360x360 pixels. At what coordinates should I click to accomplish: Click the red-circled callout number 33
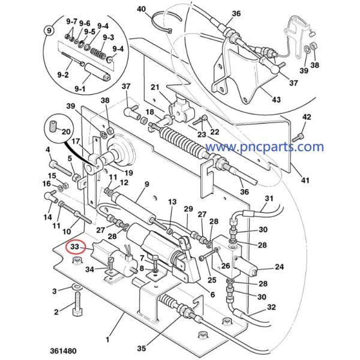(76, 247)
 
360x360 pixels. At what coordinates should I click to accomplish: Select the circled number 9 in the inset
(48, 29)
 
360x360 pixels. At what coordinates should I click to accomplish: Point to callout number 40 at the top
(142, 9)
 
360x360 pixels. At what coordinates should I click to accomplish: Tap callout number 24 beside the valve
(279, 268)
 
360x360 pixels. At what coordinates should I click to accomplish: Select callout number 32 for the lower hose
(271, 307)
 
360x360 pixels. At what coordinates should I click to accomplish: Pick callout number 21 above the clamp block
(154, 87)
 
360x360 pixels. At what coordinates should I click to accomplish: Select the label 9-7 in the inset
(71, 21)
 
